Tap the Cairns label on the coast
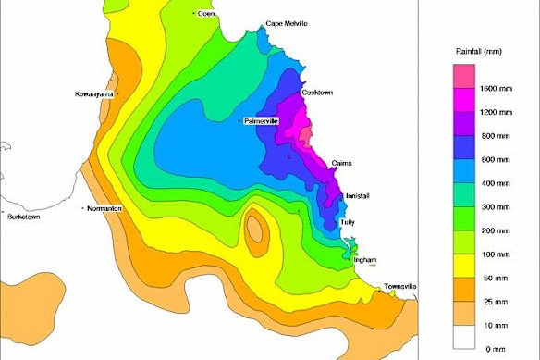(341, 163)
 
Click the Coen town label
(206, 13)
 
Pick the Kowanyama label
(95, 94)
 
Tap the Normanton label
(104, 208)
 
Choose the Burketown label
(25, 217)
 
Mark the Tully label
(348, 223)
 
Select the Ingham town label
(365, 260)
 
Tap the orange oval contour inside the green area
(254, 232)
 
